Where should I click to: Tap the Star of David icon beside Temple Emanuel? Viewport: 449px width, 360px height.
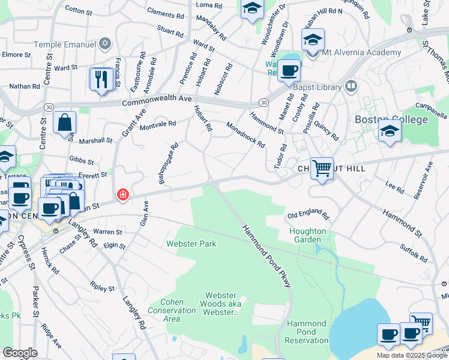tap(106, 43)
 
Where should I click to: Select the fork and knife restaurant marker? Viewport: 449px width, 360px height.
tap(101, 79)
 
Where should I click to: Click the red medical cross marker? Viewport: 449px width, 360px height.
tap(123, 194)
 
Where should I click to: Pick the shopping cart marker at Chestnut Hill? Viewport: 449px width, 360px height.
tap(322, 168)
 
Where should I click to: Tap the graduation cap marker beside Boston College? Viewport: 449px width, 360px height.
tap(390, 130)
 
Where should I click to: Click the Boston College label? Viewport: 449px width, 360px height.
tap(391, 119)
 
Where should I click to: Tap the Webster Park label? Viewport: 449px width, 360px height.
tap(191, 244)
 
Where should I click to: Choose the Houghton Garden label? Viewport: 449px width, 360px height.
tap(307, 236)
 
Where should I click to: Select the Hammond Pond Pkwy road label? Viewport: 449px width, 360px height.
tap(267, 256)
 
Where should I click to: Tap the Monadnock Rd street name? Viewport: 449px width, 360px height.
tap(245, 134)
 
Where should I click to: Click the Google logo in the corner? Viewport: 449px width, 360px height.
tap(20, 353)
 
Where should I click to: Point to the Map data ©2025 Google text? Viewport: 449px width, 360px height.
tap(412, 355)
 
